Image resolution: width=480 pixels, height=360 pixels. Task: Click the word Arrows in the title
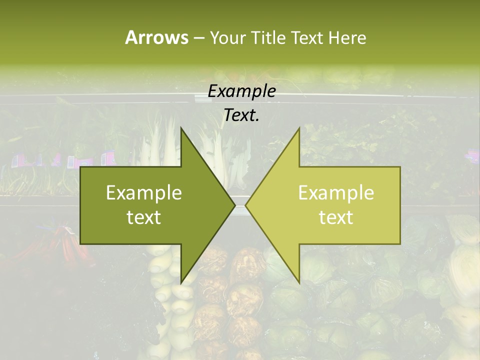(156, 37)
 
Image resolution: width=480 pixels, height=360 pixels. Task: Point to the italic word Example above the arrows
(241, 91)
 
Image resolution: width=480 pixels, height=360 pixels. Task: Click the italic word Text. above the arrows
(241, 115)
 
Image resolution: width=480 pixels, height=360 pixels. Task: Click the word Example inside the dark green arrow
(143, 193)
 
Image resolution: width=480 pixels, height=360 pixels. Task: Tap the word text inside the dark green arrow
(143, 217)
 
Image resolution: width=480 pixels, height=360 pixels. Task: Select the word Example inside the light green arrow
(336, 193)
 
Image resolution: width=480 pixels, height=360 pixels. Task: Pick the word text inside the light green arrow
(336, 217)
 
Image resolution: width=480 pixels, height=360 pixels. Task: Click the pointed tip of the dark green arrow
(234, 205)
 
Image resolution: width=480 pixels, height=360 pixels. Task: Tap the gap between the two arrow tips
(240, 205)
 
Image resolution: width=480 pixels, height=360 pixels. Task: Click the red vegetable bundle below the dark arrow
(62, 245)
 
